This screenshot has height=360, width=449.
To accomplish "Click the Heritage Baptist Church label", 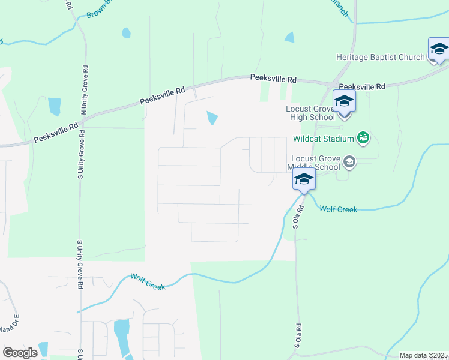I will tap(381, 58).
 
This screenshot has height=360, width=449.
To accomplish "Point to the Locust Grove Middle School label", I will tap(316, 162).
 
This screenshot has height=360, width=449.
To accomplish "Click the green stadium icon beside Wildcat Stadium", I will tap(363, 139).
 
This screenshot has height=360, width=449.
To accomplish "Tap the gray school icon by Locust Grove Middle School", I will tap(349, 162).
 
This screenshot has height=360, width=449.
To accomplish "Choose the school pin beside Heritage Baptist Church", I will tap(439, 49).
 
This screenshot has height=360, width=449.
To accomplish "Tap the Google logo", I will tap(20, 353).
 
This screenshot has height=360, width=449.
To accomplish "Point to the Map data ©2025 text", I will tap(423, 355).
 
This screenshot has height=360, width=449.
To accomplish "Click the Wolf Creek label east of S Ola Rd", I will tap(338, 209).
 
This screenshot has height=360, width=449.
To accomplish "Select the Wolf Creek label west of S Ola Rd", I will tap(148, 282).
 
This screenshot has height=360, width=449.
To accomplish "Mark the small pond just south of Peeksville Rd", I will tap(211, 118).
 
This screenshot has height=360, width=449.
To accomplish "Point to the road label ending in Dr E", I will tap(11, 323).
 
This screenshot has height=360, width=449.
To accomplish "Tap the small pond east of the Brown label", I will tap(126, 32).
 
